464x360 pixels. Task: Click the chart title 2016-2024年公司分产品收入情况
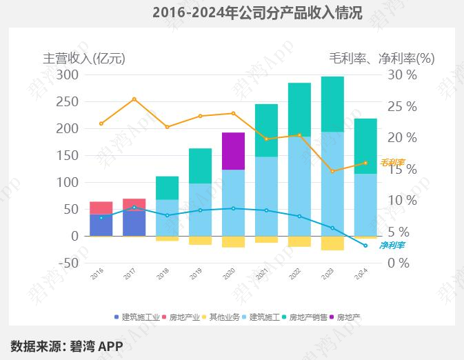pyautogui.click(x=256, y=12)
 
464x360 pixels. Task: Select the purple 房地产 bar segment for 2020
pyautogui.click(x=233, y=150)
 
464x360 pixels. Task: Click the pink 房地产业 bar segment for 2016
pyautogui.click(x=101, y=208)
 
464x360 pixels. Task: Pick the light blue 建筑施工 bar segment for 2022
pyautogui.click(x=299, y=186)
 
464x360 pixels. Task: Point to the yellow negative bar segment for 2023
pyautogui.click(x=332, y=243)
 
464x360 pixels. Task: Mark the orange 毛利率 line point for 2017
pyautogui.click(x=134, y=99)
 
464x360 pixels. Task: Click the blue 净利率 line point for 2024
pyautogui.click(x=365, y=246)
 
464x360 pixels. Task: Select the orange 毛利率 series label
pyautogui.click(x=392, y=163)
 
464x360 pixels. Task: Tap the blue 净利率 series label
pyautogui.click(x=392, y=245)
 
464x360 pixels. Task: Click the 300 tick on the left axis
pyautogui.click(x=68, y=74)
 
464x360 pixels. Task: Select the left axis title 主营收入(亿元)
pyautogui.click(x=84, y=58)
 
